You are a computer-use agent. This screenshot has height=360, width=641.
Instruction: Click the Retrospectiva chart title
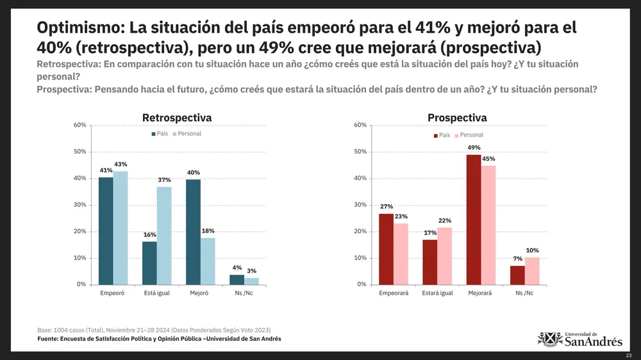[x=176, y=118]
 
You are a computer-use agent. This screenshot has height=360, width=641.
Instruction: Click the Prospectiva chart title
[x=457, y=118]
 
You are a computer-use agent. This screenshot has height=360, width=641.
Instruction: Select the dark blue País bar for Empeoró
[x=106, y=231]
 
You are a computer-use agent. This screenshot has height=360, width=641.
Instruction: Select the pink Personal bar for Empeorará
[x=401, y=254]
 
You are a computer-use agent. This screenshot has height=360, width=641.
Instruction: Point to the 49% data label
[x=474, y=147]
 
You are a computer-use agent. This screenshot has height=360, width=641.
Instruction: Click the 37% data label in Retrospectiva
[x=164, y=180]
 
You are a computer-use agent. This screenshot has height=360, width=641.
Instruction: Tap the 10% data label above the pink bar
[x=532, y=250]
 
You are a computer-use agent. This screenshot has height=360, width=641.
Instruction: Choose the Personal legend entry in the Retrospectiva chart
[x=187, y=134]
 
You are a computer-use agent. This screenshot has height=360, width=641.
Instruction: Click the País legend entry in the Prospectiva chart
[x=442, y=135]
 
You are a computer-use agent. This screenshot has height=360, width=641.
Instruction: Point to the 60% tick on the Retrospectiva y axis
[x=79, y=125]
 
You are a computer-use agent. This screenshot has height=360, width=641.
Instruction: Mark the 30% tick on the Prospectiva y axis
[x=360, y=205]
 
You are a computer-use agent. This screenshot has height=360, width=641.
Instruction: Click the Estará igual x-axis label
[x=437, y=293]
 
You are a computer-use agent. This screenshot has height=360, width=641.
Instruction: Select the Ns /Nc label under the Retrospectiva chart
[x=244, y=293]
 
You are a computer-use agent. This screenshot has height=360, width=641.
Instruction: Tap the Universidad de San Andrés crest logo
[x=549, y=339]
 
